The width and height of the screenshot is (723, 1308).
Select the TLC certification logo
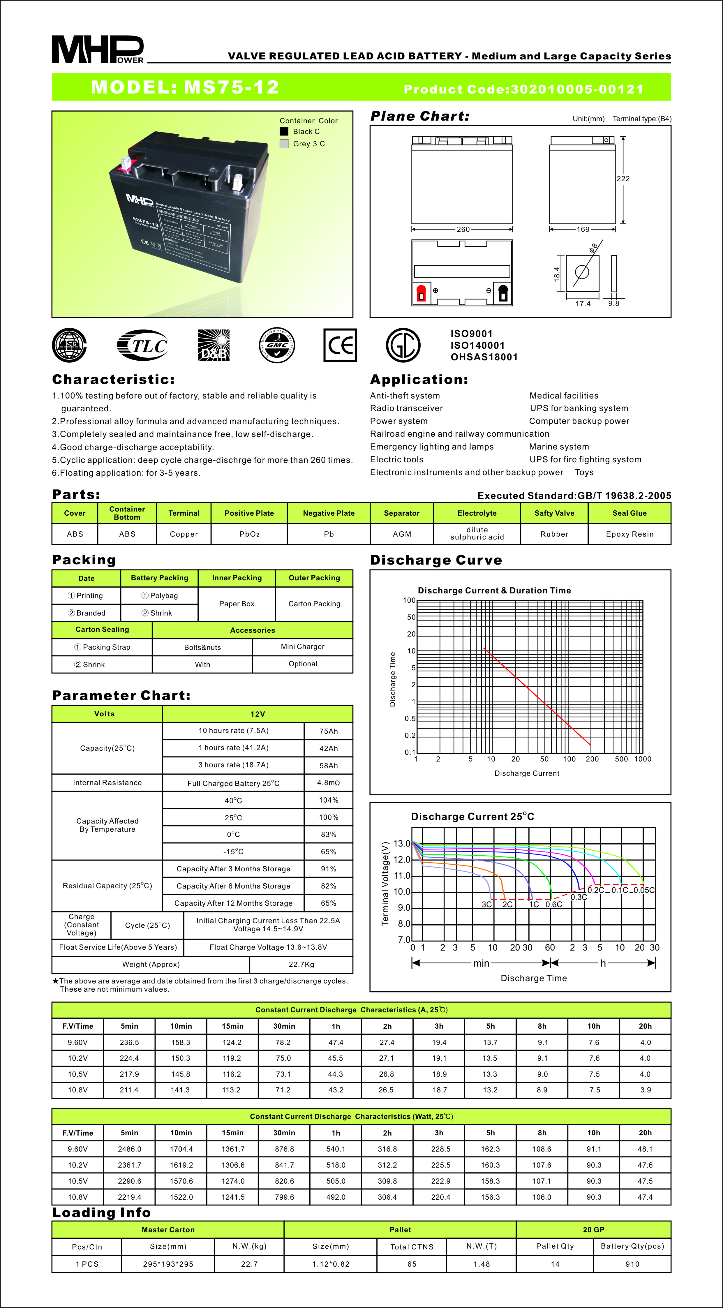pos(143,345)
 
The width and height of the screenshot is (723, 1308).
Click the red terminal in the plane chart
pos(421,293)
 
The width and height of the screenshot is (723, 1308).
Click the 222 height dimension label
pos(623,179)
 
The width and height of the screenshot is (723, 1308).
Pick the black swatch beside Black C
pos(284,131)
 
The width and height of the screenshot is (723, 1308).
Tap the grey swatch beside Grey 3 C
pos(284,144)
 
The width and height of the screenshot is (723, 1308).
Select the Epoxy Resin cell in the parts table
pos(629,534)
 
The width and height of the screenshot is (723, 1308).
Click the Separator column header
pos(402,513)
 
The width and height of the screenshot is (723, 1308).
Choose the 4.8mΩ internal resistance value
pos(329,782)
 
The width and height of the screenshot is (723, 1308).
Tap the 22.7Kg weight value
pos(301,964)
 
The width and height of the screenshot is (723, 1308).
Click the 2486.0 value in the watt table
pos(129,1149)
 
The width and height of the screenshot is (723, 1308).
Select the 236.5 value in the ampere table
pos(129,1042)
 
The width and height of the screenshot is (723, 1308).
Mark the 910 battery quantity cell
pos(632,1264)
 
